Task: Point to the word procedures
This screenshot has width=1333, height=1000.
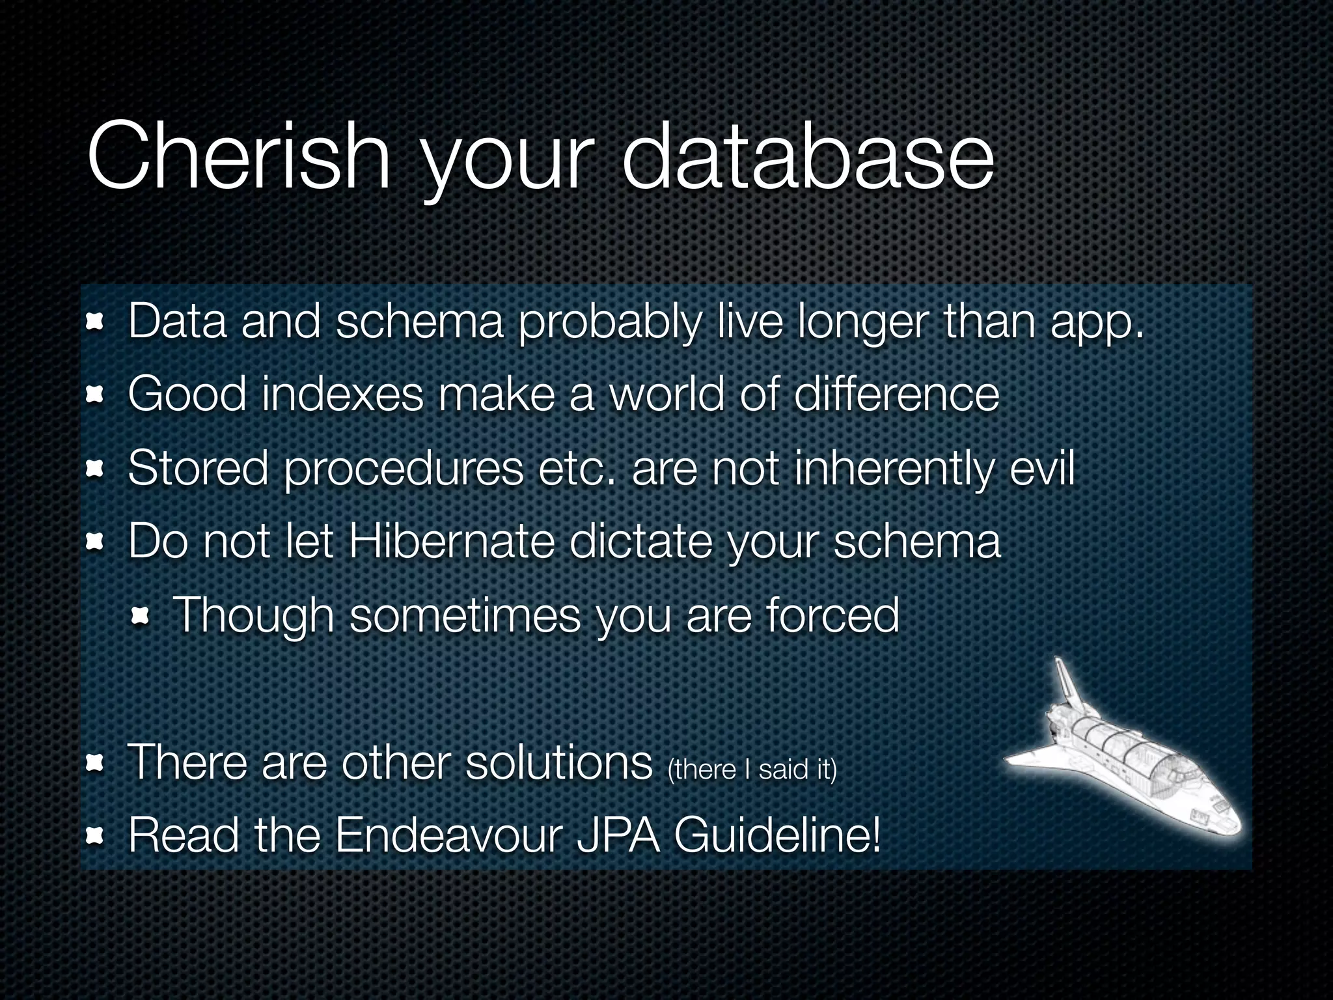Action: pos(404,469)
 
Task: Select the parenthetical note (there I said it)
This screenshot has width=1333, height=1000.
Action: pos(752,770)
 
